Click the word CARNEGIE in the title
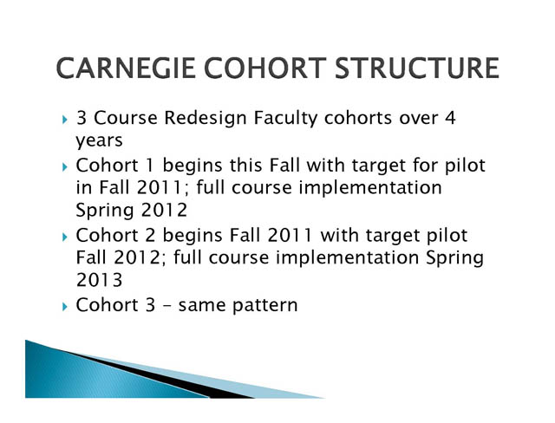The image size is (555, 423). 126,68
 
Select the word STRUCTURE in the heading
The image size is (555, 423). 416,68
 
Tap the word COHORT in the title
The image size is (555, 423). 264,68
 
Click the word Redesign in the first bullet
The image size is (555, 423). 206,118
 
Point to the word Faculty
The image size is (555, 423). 285,118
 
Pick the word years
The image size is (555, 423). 99,140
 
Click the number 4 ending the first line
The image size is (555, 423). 450,117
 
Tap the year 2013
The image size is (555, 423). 99,280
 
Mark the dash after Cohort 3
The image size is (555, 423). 167,306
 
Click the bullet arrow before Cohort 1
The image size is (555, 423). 64,166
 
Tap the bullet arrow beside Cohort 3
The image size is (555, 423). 64,306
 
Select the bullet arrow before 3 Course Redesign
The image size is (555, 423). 64,120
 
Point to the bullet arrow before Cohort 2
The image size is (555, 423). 64,237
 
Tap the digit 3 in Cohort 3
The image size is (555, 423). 150,305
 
